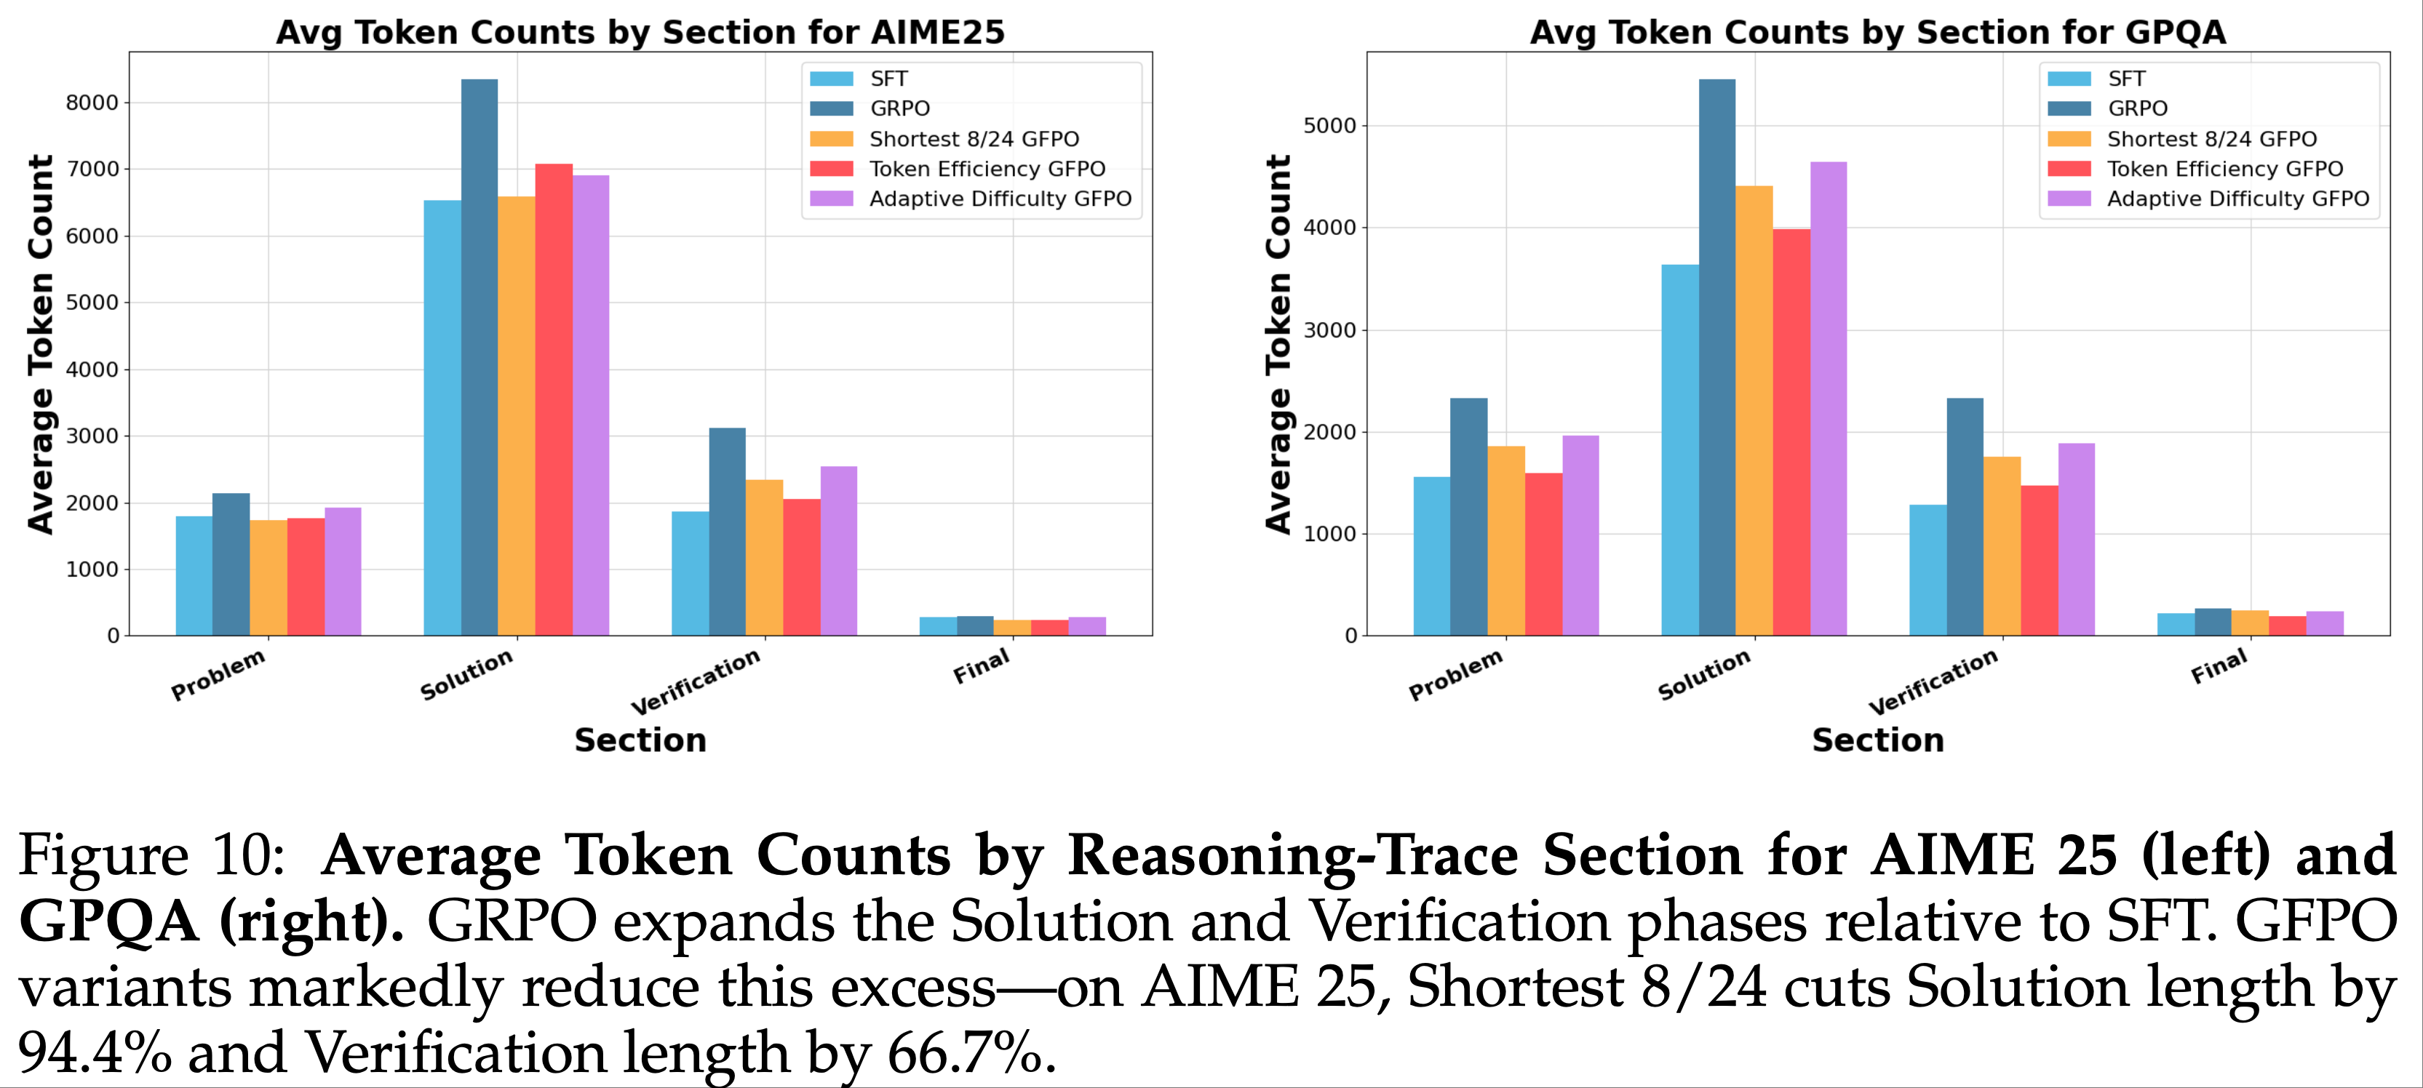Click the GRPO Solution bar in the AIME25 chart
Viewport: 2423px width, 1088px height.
[479, 357]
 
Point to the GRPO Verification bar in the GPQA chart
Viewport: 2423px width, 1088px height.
[1965, 516]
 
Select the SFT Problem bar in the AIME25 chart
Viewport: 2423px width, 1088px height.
[194, 575]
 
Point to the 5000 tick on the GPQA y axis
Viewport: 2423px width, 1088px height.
[1329, 126]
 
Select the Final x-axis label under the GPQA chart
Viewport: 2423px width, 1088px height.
[2219, 667]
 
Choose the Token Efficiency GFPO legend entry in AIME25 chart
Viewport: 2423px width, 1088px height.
[987, 169]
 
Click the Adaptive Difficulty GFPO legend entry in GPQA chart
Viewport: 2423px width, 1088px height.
[2237, 199]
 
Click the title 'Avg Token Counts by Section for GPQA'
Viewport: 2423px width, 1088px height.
[1877, 32]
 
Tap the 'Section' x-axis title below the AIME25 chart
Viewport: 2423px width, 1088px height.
[640, 740]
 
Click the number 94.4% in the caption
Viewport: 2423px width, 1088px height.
[94, 1052]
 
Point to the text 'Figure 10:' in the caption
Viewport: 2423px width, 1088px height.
[151, 856]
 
